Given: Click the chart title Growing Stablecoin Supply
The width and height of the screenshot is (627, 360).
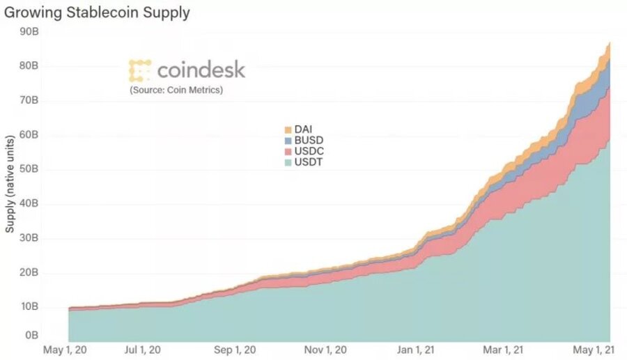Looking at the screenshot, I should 97,13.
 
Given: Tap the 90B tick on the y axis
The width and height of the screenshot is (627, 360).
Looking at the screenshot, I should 30,31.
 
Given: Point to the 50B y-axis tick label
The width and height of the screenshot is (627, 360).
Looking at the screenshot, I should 30,169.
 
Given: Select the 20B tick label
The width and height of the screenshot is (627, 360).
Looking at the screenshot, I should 30,272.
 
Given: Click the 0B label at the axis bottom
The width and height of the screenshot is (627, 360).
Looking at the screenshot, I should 33,335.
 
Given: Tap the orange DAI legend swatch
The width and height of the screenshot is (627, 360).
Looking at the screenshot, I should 288,130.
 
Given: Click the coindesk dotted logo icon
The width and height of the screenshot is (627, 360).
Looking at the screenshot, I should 140,71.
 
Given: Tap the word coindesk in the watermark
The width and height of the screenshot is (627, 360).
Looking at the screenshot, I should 201,70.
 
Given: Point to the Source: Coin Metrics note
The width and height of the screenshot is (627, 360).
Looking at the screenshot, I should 176,90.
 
